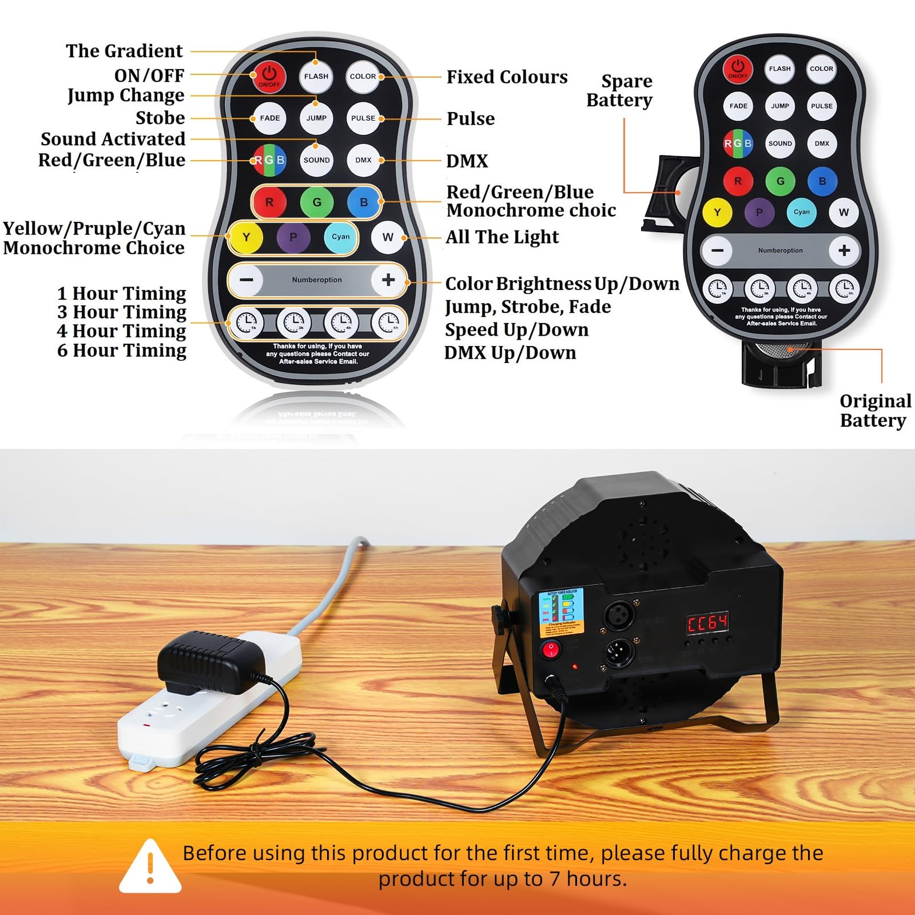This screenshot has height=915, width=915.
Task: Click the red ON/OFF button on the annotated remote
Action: coord(269,75)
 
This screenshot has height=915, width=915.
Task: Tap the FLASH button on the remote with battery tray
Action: coord(779,69)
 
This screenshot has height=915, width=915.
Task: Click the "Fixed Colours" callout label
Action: coord(507,77)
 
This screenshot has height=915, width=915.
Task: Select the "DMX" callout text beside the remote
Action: coord(467,161)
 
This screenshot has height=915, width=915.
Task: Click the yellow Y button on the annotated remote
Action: coord(246,237)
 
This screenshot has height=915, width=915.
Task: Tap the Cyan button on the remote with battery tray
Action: coord(801,212)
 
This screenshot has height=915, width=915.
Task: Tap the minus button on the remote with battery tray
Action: coord(717,250)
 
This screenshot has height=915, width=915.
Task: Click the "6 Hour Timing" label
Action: coord(122,350)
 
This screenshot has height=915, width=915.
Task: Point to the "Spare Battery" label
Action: coord(620,90)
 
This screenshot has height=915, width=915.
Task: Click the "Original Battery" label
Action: coord(874,411)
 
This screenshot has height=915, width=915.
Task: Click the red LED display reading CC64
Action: coord(707,622)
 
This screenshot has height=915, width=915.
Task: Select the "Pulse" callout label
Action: coord(470,118)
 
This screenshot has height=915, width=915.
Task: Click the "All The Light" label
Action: coord(502,237)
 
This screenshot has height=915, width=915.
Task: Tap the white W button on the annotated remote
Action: coord(388,237)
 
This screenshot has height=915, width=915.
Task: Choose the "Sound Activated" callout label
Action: coord(113,139)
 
